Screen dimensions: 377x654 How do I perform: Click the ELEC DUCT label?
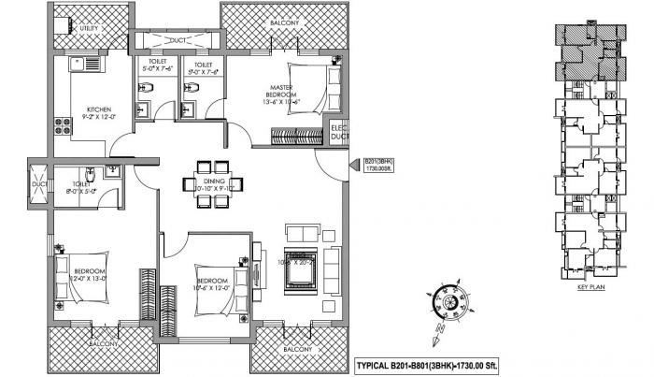338,134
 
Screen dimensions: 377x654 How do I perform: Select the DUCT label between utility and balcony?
176,41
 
